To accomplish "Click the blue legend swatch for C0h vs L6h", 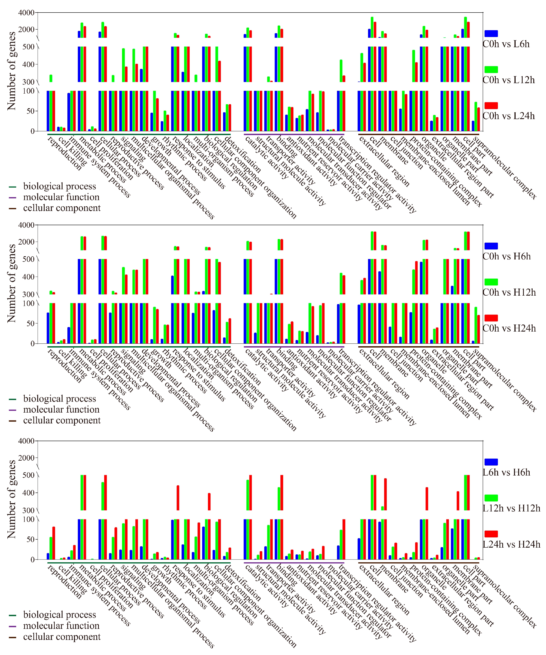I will [491, 34].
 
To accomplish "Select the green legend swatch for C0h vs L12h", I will [491, 70].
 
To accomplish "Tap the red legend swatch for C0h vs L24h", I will [491, 105].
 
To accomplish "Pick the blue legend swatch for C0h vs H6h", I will [491, 246].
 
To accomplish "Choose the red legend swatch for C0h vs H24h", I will [491, 318].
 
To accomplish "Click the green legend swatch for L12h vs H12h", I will [491, 498].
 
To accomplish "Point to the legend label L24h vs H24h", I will [511, 544].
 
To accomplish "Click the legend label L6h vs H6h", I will [506, 472].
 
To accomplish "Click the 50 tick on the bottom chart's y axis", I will [30, 539].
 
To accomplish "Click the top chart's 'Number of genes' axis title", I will [11, 71].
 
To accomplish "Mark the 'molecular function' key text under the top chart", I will [61, 197].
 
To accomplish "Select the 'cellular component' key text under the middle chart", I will [62, 420].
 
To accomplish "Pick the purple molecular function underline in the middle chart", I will [294, 346].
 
